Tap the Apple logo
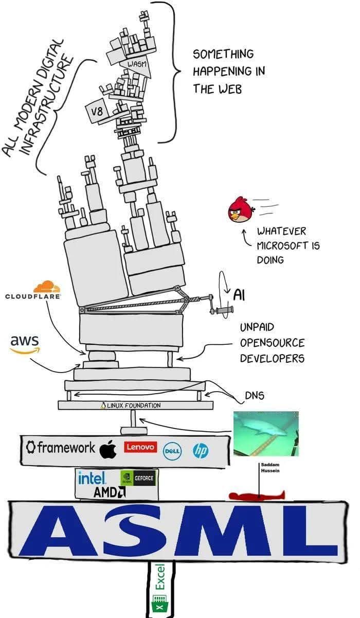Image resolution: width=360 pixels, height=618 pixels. point(108,449)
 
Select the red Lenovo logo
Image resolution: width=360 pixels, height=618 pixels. point(140,447)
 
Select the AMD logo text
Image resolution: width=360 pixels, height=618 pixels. point(110,492)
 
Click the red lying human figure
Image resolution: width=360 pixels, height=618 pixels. point(257,495)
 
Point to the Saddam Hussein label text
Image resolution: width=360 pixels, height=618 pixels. point(270,468)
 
